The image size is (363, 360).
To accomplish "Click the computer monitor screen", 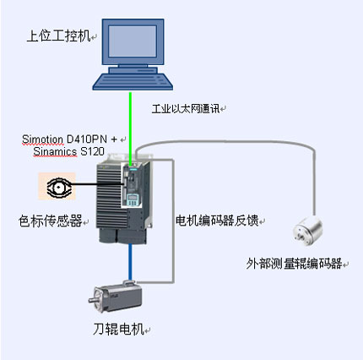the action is point(133,41).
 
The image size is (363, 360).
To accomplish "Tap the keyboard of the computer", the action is point(133,82).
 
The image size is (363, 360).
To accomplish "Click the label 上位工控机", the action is point(58,36).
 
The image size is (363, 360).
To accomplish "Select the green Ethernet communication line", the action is point(131,128).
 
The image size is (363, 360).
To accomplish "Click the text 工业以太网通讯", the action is point(186,109).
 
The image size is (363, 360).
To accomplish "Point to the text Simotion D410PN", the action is point(64,139).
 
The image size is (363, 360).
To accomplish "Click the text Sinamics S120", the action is point(68,151).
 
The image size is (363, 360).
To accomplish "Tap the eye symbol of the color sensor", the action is point(58,187).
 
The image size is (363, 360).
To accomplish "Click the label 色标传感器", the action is point(50,221).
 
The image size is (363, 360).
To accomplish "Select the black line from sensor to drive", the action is point(97,184).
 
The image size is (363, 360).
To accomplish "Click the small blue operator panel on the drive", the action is point(133,200).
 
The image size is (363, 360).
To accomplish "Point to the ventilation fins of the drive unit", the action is point(109,196).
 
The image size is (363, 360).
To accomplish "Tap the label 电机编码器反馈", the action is point(217,221).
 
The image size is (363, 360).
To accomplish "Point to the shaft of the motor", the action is point(92,300).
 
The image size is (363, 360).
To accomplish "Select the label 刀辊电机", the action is point(118,329).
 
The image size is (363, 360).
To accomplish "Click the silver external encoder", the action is point(308,231).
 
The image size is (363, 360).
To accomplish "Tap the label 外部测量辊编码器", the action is point(294,264).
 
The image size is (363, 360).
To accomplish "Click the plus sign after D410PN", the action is point(114,139).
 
